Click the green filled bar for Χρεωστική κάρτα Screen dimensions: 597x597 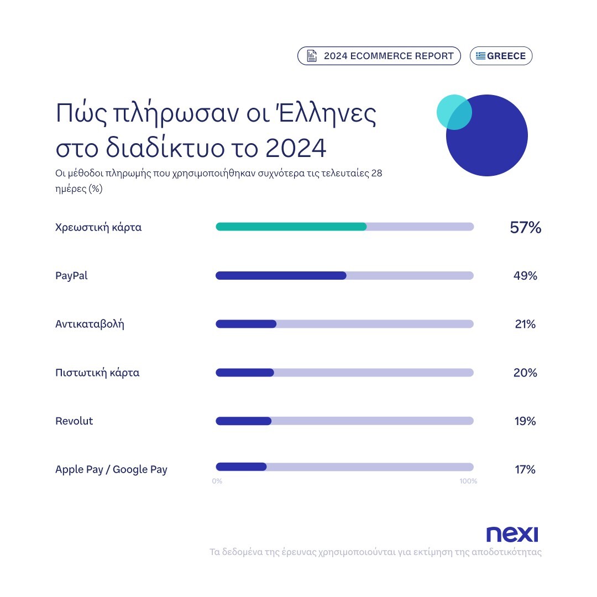point(291,227)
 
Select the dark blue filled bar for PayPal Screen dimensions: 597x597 point(281,275)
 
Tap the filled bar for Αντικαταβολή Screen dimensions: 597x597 point(246,324)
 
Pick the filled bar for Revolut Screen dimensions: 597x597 point(243,421)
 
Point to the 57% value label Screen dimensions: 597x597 point(525,227)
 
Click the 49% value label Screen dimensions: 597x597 point(525,275)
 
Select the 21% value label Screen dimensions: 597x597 point(525,324)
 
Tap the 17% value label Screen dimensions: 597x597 point(525,470)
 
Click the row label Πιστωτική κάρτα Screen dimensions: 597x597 point(97,373)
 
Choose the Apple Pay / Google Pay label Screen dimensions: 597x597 point(111,470)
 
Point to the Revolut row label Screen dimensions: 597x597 point(74,421)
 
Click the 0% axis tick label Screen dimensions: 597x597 point(217,481)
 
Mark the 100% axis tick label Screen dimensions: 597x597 point(468,481)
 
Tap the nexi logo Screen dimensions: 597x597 point(512,534)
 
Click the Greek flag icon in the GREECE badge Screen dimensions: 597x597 point(480,56)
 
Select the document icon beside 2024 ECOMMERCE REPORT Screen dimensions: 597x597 point(312,56)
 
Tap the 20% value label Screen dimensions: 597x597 point(525,373)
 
